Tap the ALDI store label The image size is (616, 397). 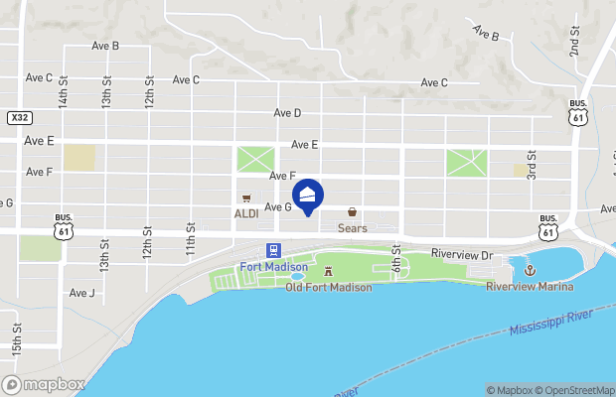245,213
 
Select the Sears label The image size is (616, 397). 352,228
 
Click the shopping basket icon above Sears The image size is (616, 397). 352,211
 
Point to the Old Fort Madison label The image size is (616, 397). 328,287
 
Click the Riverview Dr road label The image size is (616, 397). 461,255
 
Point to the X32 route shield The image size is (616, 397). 19,117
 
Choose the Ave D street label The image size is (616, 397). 287,113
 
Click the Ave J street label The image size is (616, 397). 82,293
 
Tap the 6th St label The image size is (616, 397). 395,262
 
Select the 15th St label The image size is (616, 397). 17,340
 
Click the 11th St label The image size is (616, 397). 190,239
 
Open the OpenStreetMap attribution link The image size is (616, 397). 575,390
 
